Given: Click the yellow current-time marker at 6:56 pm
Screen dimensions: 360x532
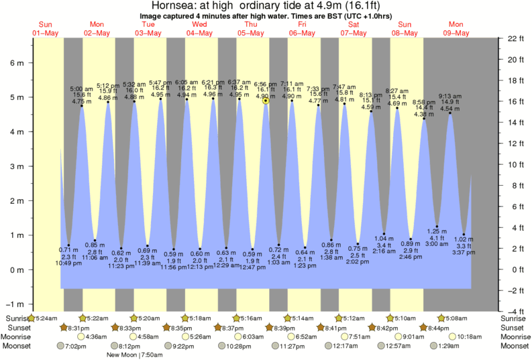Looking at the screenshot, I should pos(266,101).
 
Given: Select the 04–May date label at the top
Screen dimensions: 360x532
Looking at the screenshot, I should pos(199,33).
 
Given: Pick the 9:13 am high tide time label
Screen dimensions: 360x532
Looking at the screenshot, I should pos(450,96).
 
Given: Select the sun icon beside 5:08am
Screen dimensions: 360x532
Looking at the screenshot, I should pos(441,317).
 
